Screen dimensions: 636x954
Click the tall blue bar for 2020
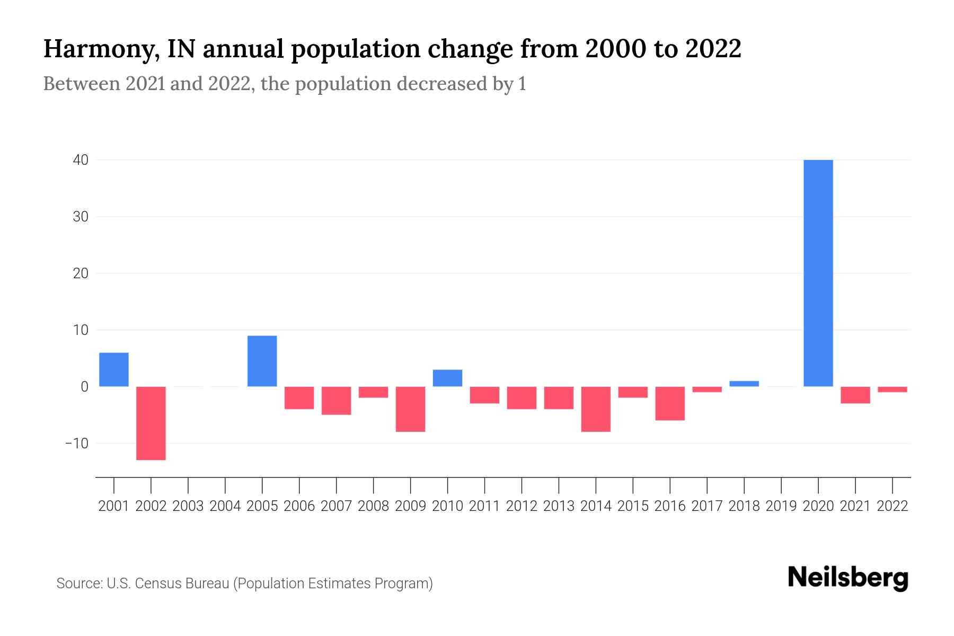(x=818, y=273)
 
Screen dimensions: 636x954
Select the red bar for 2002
(x=151, y=423)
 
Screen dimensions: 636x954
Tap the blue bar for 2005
(x=262, y=361)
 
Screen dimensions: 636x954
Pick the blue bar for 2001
(x=114, y=369)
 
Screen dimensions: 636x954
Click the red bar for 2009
(x=410, y=409)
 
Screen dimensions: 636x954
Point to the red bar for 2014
(x=596, y=409)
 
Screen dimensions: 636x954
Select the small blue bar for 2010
(x=447, y=378)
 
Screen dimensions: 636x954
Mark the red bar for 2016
(x=670, y=403)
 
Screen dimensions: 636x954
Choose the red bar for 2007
(x=336, y=401)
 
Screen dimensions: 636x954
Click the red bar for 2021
(x=855, y=395)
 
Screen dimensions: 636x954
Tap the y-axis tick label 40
(x=81, y=160)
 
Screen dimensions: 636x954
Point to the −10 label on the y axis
(x=77, y=443)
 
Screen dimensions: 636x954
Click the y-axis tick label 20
(x=81, y=273)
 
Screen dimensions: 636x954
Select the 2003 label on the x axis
(x=188, y=506)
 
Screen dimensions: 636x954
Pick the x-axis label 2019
(x=781, y=506)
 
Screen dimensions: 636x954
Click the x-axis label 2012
(x=522, y=506)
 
